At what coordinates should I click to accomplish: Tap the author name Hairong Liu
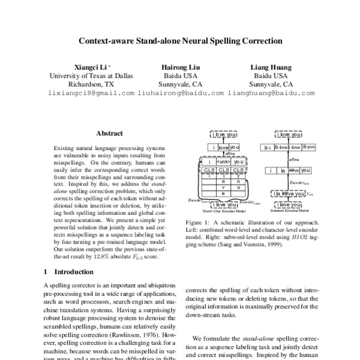tap(179, 68)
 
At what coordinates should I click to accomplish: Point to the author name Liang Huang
tap(271, 68)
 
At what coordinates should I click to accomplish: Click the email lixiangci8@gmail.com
tap(91, 94)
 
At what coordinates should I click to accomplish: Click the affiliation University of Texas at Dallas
tap(91, 76)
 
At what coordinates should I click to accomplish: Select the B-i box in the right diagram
tap(269, 146)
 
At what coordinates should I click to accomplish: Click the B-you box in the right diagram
tap(310, 146)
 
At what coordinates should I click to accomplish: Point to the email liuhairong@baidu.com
tap(181, 94)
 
